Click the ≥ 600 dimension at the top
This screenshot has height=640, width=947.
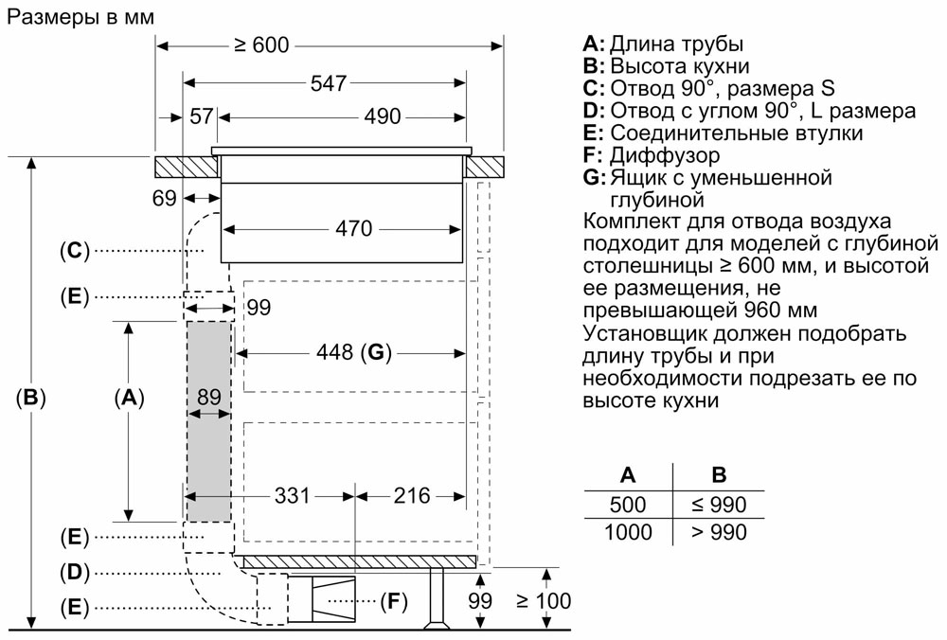(x=261, y=45)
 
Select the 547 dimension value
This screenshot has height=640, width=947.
(x=329, y=83)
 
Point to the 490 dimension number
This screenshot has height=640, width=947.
(x=383, y=116)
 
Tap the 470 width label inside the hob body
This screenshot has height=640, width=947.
(x=354, y=229)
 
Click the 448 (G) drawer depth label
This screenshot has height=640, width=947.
(x=354, y=352)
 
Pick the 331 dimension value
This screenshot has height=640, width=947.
(x=293, y=496)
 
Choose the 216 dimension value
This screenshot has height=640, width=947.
(x=412, y=496)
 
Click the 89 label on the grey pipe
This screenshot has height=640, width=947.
(x=209, y=397)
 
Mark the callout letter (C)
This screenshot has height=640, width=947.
(x=75, y=251)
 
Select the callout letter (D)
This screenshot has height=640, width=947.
(x=75, y=572)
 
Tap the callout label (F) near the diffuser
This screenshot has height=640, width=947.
(x=393, y=601)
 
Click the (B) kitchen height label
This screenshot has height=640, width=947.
(x=30, y=397)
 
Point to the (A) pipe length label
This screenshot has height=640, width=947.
(x=129, y=397)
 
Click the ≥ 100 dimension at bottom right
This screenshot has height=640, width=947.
(x=544, y=601)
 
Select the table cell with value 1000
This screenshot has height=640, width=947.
(x=628, y=532)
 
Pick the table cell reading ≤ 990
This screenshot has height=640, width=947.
(x=720, y=505)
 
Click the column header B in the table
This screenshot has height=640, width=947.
(x=719, y=475)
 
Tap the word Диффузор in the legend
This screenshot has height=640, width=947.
(x=665, y=155)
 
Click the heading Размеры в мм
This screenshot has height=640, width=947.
(x=80, y=16)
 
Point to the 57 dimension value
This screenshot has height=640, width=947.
(x=202, y=116)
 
